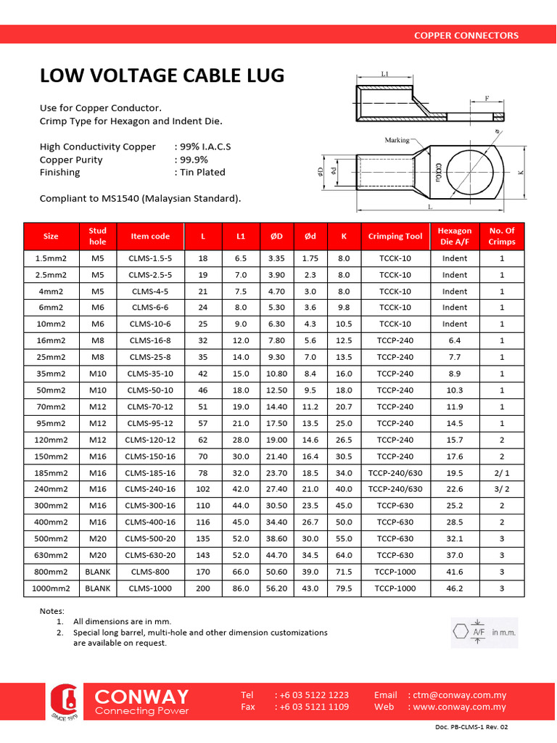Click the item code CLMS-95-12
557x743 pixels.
click(150, 423)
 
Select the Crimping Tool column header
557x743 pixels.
click(395, 236)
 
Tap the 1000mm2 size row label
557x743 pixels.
click(51, 588)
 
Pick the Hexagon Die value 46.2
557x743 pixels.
click(455, 588)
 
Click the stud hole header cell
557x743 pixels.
click(97, 236)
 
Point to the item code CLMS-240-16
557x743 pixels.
click(150, 489)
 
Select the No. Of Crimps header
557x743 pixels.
click(501, 236)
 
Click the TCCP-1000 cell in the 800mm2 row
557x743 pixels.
click(395, 572)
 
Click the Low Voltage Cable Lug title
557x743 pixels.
click(162, 76)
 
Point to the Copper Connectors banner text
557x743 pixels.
click(466, 35)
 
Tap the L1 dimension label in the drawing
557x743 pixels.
click(385, 74)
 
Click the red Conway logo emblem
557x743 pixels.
click(68, 701)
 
